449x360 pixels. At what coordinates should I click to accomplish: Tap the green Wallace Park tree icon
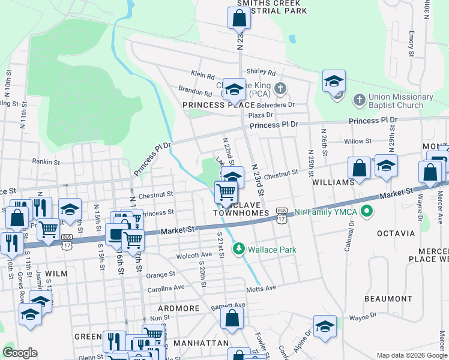(240, 248)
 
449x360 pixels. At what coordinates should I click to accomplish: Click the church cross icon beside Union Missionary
(358, 98)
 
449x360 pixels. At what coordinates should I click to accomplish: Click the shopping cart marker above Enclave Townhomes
(226, 192)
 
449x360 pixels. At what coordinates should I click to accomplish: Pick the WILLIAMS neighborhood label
(333, 182)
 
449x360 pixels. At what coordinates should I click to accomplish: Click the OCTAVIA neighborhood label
(396, 233)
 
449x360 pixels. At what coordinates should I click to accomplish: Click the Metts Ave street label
(261, 289)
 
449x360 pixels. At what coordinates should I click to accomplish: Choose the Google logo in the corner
(20, 353)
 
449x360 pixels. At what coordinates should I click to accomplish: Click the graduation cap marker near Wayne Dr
(325, 326)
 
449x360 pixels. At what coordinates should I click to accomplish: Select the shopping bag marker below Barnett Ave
(232, 318)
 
